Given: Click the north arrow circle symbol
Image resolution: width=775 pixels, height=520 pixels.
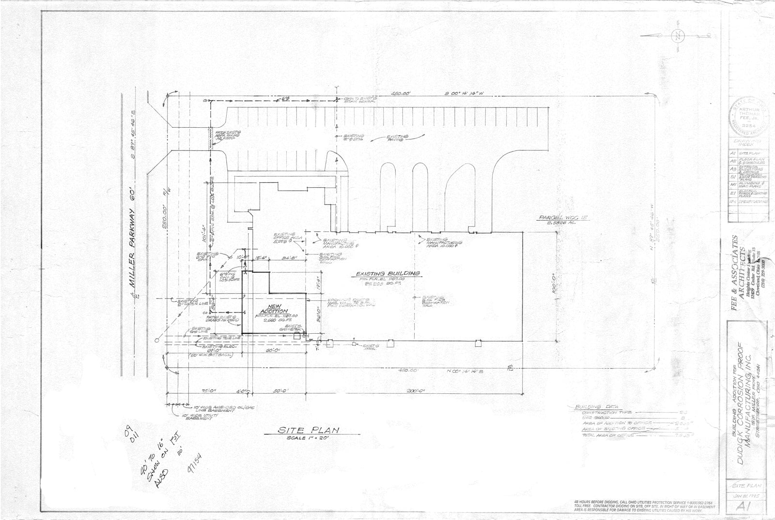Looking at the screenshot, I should tap(678, 35).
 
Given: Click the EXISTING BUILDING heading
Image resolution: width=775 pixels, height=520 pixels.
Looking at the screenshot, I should tap(387, 273).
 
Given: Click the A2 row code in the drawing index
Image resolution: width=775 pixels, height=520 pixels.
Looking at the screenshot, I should tap(733, 161).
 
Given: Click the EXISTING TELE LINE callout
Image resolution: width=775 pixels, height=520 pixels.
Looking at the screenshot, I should tap(221, 338).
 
